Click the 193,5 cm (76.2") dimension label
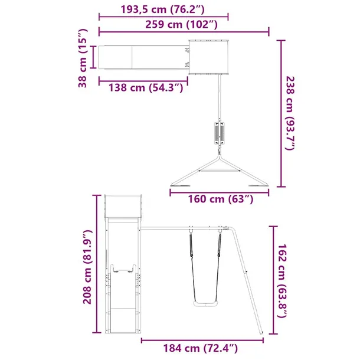163,11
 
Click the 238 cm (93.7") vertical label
290,112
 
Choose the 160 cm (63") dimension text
220,199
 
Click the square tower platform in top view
208,57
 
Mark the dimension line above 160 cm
220,189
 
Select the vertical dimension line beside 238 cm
279,112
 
